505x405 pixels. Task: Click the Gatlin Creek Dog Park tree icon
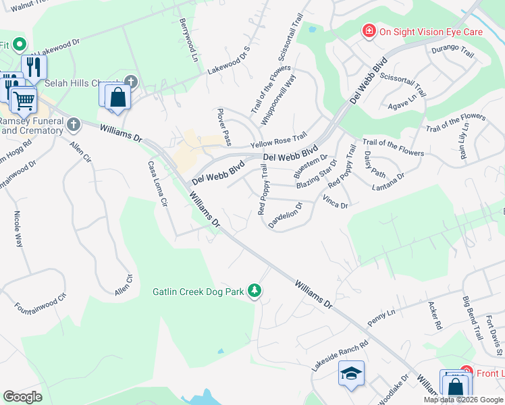point(255,291)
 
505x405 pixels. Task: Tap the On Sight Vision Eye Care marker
point(369,31)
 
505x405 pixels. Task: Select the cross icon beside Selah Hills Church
point(131,82)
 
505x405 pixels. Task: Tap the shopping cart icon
point(24,101)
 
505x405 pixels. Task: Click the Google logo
point(22,396)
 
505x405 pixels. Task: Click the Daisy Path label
point(374,161)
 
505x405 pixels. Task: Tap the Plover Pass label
point(224,126)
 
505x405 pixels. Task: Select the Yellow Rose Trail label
point(278,140)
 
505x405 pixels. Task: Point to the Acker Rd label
point(434,315)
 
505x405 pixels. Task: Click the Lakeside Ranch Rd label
point(340,356)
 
